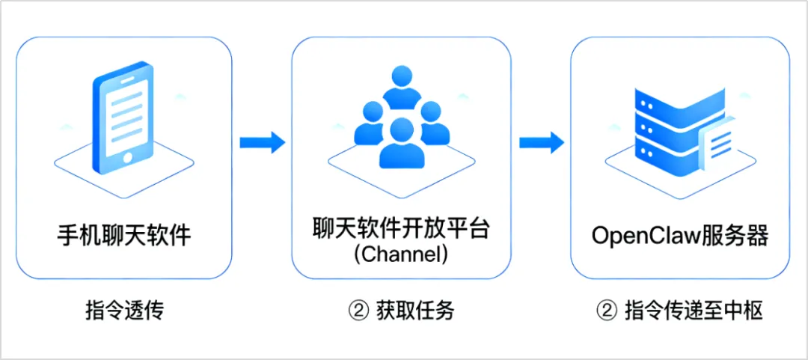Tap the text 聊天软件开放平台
pyautogui.click(x=401, y=229)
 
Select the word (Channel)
pyautogui.click(x=401, y=254)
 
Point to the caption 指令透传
pyautogui.click(x=124, y=311)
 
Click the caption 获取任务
pyautogui.click(x=414, y=311)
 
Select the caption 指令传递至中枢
pyautogui.click(x=694, y=311)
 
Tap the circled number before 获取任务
pyautogui.click(x=357, y=311)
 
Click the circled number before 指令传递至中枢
pyautogui.click(x=605, y=311)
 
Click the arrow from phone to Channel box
pyautogui.click(x=261, y=141)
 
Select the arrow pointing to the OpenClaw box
pyautogui.click(x=541, y=141)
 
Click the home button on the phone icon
pyautogui.click(x=128, y=158)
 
